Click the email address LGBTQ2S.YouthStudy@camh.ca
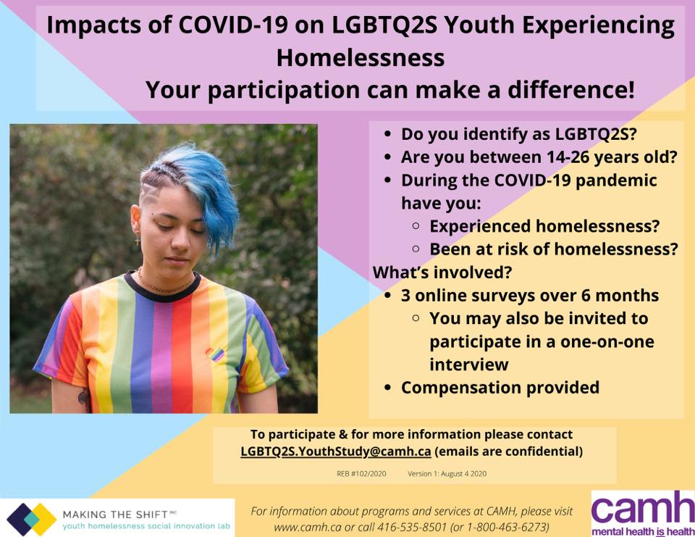pos(335,451)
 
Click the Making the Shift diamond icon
pos(31,519)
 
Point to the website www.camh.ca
pos(308,528)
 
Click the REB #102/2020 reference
pos(361,474)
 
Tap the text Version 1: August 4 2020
pos(447,474)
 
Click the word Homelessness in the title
pos(361,58)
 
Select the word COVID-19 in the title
pos(232,25)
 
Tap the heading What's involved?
pos(442,272)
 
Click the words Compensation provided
pos(500,388)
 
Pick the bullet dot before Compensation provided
pos(388,388)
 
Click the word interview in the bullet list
pos(469,365)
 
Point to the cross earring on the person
pos(138,240)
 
